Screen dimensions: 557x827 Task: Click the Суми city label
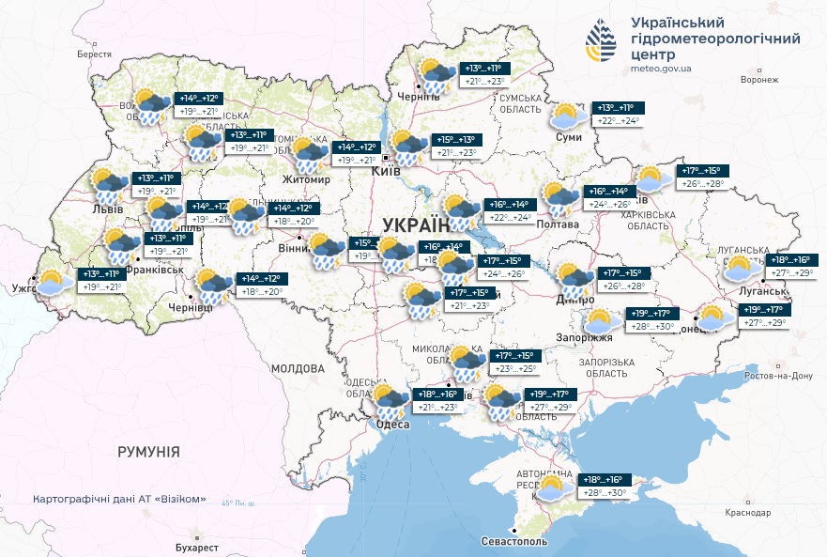pos(569,138)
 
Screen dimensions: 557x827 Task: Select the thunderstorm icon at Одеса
pos(388,402)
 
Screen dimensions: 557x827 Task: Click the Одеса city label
pos(393,425)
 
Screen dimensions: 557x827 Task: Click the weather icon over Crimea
pos(551,487)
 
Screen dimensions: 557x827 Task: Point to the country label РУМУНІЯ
pos(148,452)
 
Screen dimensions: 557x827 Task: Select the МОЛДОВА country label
pos(298,369)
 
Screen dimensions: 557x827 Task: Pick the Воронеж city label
pos(759,80)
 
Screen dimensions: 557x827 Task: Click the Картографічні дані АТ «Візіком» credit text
pos(118,499)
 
